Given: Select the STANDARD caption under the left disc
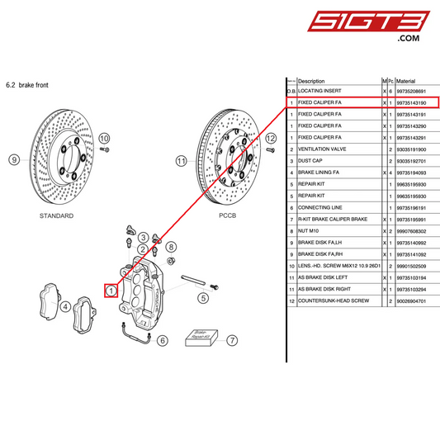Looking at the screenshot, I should [x=56, y=215].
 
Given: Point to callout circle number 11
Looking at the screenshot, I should [x=181, y=162].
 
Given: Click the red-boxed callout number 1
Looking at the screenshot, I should [x=110, y=290].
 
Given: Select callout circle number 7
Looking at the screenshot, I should [x=233, y=340].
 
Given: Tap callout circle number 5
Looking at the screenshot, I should [x=202, y=298].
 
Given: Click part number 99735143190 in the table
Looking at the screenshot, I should [x=411, y=102].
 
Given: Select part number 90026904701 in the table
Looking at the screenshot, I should [x=411, y=302].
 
